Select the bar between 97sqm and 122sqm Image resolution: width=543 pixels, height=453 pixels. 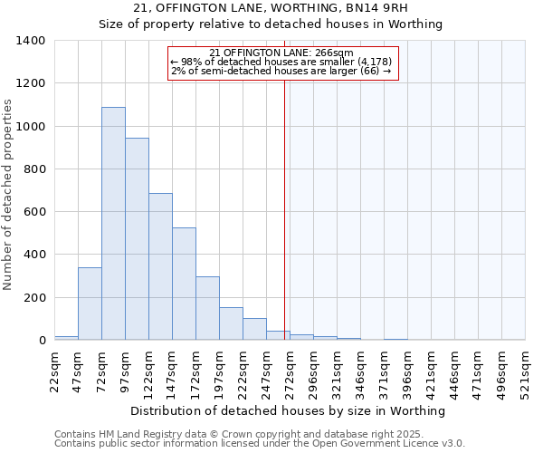coord(137,239)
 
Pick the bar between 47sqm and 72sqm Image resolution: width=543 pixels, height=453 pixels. coord(90,304)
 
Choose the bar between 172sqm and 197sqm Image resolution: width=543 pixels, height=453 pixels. coord(207,308)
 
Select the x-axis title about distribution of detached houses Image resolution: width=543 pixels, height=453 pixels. coord(289,410)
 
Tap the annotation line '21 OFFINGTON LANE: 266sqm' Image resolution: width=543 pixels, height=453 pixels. coord(281,53)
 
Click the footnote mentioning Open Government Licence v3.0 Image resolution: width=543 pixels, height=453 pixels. coord(260,443)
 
